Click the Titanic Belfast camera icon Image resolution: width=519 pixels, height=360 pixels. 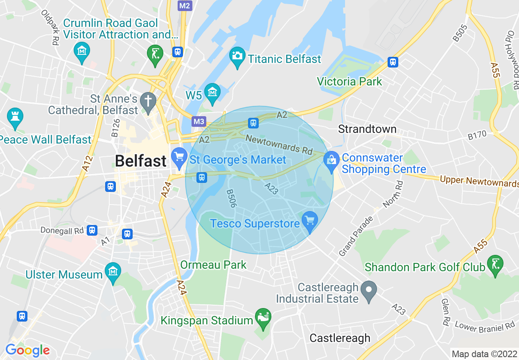click(237, 55)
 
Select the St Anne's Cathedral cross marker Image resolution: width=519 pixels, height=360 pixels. click(148, 100)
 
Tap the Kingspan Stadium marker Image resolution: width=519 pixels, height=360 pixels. click(263, 317)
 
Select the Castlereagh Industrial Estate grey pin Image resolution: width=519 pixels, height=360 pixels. click(369, 290)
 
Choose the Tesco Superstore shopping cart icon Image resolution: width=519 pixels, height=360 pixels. click(310, 220)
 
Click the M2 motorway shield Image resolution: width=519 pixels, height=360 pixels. click(185, 5)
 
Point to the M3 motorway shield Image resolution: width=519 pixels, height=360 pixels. click(199, 122)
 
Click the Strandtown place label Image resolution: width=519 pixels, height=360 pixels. click(367, 129)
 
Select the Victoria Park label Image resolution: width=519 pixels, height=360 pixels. click(350, 81)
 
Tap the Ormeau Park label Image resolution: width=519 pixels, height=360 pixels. click(214, 265)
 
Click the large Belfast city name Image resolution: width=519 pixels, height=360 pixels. click(140, 161)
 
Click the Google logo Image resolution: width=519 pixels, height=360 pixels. click(27, 350)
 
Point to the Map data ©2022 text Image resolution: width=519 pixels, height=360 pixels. click(483, 354)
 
